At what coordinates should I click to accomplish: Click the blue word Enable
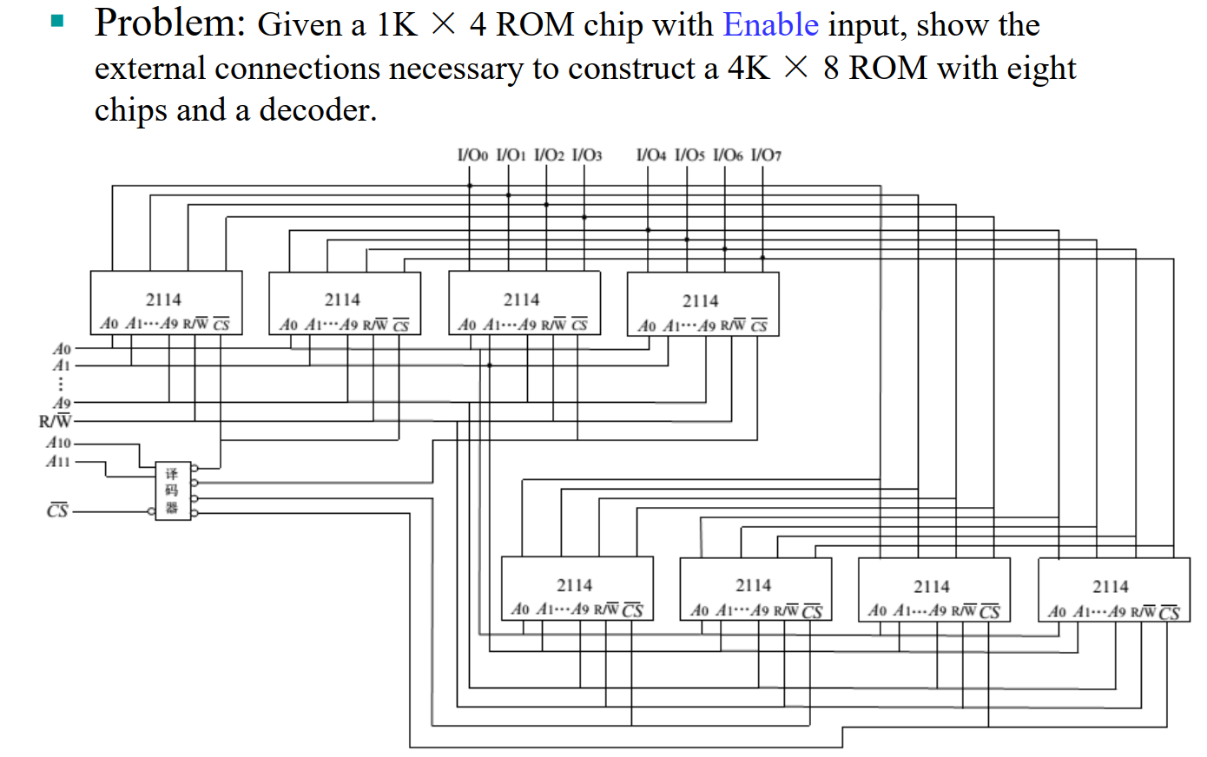point(770,25)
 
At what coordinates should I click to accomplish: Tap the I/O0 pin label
point(472,155)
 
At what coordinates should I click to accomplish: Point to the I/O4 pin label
point(651,155)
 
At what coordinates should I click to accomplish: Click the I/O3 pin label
point(587,155)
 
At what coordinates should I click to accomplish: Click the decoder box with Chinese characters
point(173,490)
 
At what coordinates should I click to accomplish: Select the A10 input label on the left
point(58,443)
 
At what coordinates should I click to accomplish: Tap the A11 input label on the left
point(58,461)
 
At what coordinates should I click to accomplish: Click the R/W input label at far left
point(55,422)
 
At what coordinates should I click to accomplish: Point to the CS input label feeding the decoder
point(57,510)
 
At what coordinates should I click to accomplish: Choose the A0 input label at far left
point(62,349)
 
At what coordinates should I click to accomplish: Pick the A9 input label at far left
point(62,403)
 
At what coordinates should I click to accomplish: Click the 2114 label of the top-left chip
point(163,300)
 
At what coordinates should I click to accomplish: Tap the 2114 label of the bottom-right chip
point(1111,587)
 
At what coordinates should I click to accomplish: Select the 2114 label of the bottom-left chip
point(574,585)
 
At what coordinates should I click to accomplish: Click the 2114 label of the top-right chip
point(700,300)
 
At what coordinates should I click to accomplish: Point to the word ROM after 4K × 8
point(888,68)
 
